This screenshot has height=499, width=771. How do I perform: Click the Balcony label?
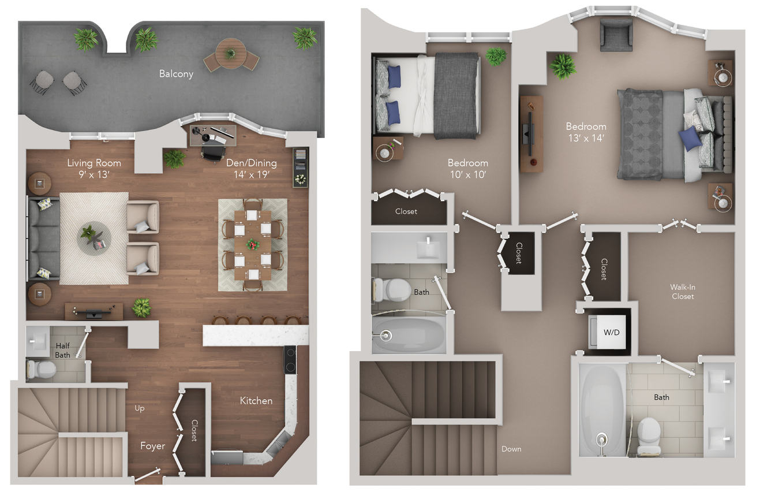(176, 74)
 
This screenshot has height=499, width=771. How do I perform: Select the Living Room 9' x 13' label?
(94, 169)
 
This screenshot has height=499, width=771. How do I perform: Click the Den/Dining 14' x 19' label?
(252, 169)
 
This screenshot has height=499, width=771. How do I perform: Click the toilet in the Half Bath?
(42, 370)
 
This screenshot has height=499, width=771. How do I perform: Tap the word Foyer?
(152, 446)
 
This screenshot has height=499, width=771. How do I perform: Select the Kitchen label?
(256, 401)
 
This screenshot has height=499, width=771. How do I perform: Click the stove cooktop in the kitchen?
(290, 360)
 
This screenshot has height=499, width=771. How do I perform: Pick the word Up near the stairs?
(140, 408)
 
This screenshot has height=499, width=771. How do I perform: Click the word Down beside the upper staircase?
(511, 449)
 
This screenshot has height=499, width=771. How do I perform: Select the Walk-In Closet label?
(683, 292)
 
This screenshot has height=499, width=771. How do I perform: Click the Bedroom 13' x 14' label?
(586, 132)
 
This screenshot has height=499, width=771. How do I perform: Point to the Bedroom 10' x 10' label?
(468, 169)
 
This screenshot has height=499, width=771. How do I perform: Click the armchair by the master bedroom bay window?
(616, 35)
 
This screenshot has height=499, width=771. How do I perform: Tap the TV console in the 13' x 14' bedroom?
(531, 134)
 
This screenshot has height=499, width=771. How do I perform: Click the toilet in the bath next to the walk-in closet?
(649, 436)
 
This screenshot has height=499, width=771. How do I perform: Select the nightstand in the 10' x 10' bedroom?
(388, 148)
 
